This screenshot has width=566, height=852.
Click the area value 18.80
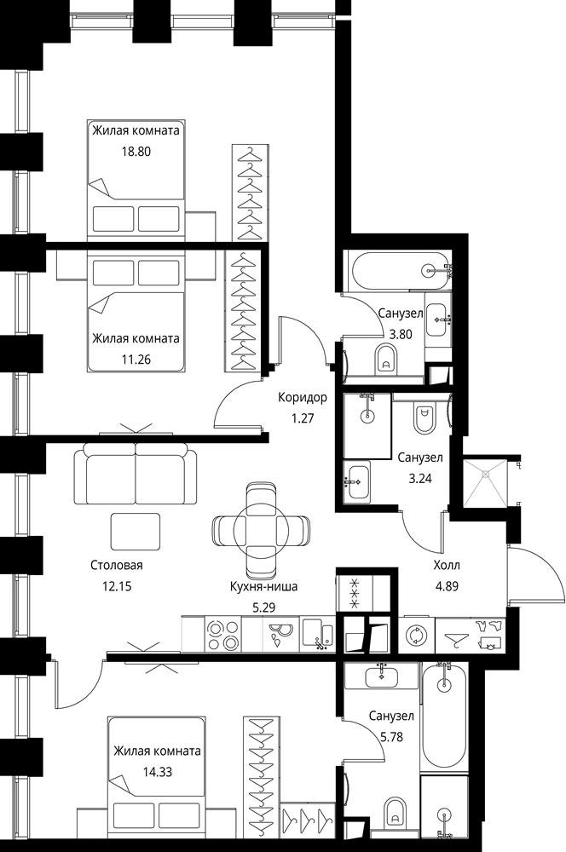click(x=136, y=152)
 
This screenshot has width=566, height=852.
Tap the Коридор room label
click(x=303, y=397)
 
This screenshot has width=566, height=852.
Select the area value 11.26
click(x=136, y=360)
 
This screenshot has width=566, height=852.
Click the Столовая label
click(x=116, y=565)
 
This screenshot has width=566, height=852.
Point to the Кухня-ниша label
click(x=263, y=586)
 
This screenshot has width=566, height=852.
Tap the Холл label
click(x=447, y=565)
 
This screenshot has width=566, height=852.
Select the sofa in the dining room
click(x=136, y=474)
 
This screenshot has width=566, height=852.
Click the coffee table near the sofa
click(x=136, y=532)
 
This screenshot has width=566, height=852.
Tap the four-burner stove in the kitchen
click(x=223, y=635)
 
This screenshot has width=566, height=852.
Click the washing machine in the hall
click(x=417, y=635)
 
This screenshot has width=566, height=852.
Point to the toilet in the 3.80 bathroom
click(x=387, y=360)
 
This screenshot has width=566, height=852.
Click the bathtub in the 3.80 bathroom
click(x=401, y=269)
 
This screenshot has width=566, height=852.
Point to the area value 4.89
click(x=447, y=586)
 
